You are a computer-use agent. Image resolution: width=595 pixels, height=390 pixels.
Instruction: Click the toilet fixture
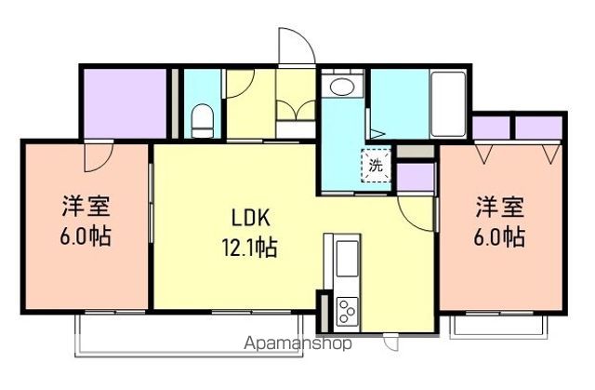(x=202, y=120)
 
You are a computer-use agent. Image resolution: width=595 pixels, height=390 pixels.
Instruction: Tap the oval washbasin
(x=341, y=89)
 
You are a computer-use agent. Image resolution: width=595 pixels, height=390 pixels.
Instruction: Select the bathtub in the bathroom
(x=448, y=101)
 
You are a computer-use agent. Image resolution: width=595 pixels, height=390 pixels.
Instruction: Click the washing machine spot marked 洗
(x=377, y=168)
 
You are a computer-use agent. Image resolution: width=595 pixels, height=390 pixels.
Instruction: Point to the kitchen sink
(x=345, y=261)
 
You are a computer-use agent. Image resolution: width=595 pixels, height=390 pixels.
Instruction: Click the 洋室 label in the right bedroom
(x=500, y=206)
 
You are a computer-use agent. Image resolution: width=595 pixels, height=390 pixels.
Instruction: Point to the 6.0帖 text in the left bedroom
(x=86, y=235)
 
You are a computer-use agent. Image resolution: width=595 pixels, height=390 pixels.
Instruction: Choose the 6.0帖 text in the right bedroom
(x=500, y=235)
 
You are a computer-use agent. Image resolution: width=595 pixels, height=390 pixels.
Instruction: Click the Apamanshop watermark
(x=298, y=343)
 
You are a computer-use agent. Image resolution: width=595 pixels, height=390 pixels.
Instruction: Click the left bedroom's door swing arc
(x=96, y=156)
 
